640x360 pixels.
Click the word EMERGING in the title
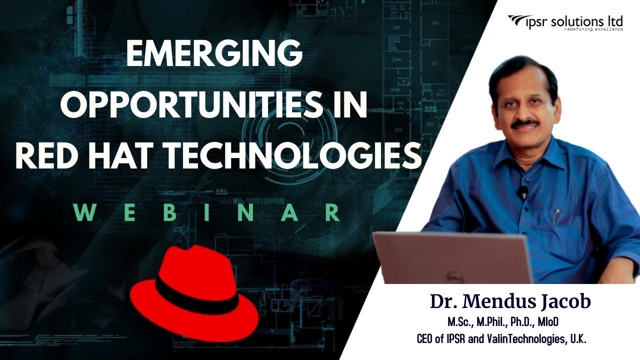point(214,52)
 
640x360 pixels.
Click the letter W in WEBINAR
point(84,213)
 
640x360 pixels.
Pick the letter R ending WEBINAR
point(332,213)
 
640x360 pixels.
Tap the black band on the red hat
point(197,297)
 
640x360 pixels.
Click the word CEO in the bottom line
point(425,339)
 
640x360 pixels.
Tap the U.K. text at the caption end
point(578,339)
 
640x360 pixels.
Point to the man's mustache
point(525,123)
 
